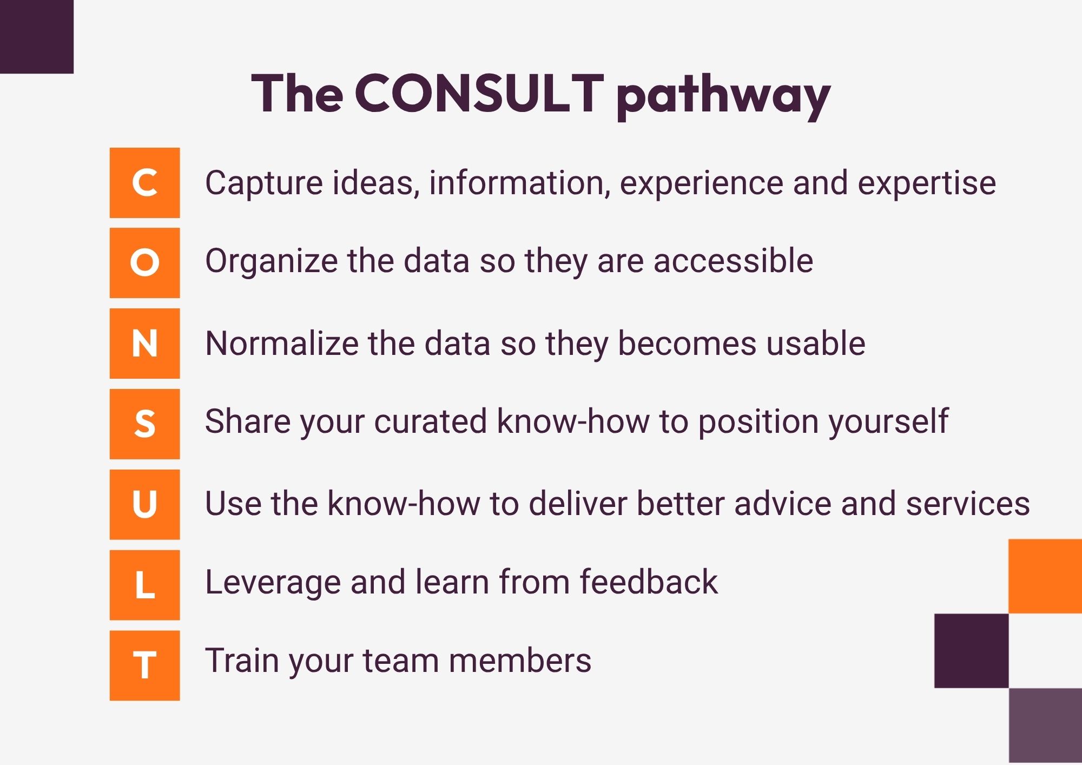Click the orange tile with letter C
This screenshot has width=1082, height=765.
click(x=144, y=183)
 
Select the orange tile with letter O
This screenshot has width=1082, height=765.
click(x=144, y=263)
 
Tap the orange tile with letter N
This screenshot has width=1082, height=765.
click(x=144, y=344)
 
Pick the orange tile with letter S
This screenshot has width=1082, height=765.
click(x=144, y=424)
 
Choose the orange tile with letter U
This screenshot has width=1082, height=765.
click(x=144, y=504)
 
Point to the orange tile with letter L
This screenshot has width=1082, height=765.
click(x=144, y=585)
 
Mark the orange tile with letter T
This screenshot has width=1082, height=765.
click(x=144, y=665)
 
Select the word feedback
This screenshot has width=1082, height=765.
click(x=649, y=582)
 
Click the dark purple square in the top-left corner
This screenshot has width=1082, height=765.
click(x=36, y=36)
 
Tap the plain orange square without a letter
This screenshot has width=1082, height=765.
click(x=1045, y=576)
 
